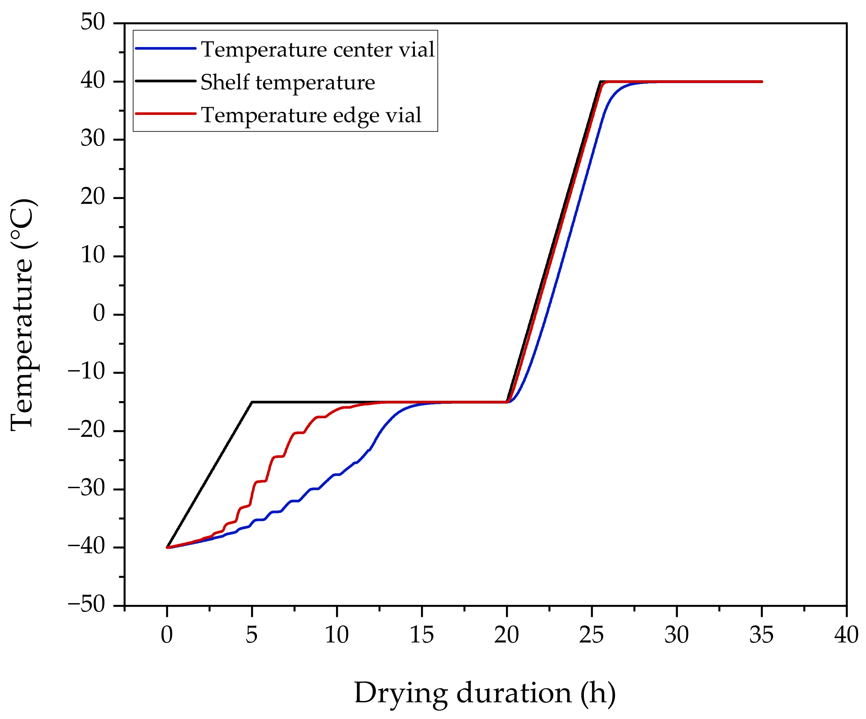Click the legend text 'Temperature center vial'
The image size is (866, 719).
[x=317, y=50]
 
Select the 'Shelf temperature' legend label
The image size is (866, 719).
[x=288, y=82]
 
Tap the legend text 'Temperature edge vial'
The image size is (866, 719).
[x=311, y=115]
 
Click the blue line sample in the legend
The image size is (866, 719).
[x=165, y=48]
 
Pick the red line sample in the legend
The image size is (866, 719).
[x=165, y=113]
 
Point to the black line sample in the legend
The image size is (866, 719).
[x=165, y=81]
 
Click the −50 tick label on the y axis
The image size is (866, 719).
[x=87, y=605]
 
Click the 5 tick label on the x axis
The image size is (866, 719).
[x=251, y=635]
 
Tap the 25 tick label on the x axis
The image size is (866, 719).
[x=591, y=635]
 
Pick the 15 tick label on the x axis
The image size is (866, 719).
[x=421, y=635]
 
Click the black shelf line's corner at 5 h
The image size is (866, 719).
[x=252, y=402]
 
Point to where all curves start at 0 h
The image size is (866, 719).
[x=167, y=547]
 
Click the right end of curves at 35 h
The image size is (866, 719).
[x=761, y=82]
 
